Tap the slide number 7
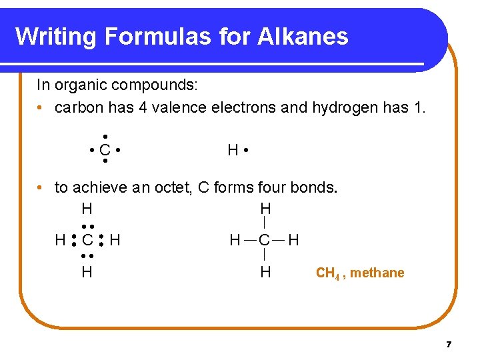(x=449, y=345)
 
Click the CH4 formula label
(x=328, y=273)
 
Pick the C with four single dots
(x=105, y=151)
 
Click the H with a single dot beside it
(x=233, y=151)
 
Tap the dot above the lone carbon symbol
(x=105, y=137)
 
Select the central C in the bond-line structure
(x=265, y=239)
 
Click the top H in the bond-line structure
(x=265, y=209)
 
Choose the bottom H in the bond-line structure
(x=265, y=271)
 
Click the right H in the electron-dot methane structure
(x=115, y=239)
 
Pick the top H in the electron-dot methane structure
(x=87, y=209)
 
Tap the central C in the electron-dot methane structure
(x=87, y=239)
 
